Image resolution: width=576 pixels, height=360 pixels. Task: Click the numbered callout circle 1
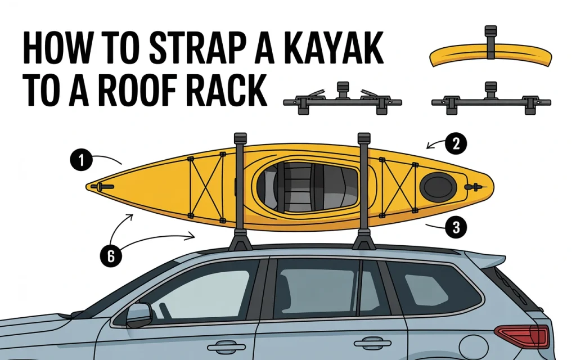click(82, 161)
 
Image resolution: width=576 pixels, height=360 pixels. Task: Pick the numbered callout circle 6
click(111, 256)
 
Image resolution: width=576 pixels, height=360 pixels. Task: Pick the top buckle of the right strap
click(363, 138)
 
